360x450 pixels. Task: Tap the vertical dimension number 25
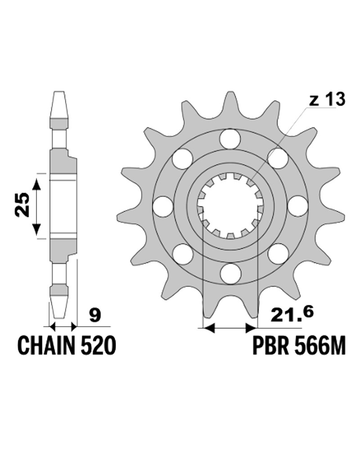pyautogui.click(x=22, y=205)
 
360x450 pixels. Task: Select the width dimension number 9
pyautogui.click(x=95, y=315)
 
